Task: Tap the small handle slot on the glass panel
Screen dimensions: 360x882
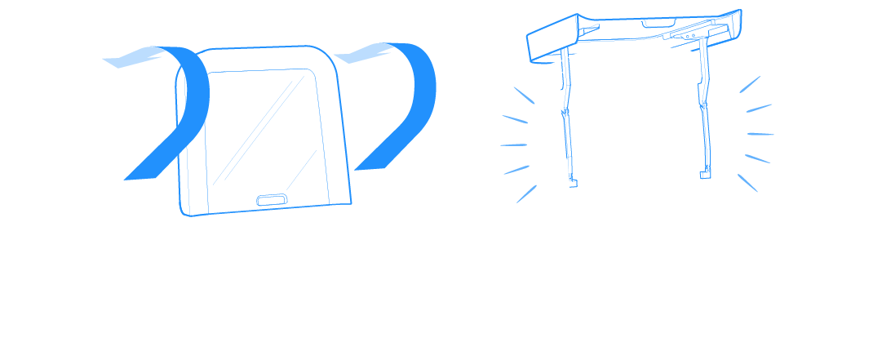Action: click(271, 198)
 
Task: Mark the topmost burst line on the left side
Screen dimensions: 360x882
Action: click(523, 94)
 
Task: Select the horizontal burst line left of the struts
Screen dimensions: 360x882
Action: click(513, 145)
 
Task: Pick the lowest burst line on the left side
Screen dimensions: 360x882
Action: click(526, 193)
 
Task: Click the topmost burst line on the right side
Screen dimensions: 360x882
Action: click(750, 84)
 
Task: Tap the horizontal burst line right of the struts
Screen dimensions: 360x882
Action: click(760, 134)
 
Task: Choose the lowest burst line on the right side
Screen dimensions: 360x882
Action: click(748, 183)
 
